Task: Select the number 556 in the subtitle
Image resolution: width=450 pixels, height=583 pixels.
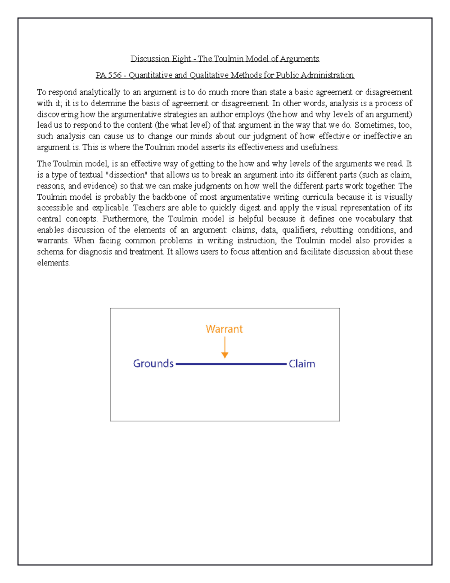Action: pyautogui.click(x=115, y=75)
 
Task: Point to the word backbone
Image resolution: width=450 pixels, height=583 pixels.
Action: pyautogui.click(x=169, y=197)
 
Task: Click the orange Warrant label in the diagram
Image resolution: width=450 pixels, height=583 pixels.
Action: pyautogui.click(x=224, y=329)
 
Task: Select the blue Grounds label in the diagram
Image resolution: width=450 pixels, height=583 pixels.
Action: pyautogui.click(x=153, y=364)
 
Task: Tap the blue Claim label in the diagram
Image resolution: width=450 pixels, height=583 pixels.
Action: pyautogui.click(x=302, y=364)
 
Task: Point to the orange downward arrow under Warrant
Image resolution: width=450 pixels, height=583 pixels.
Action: pyautogui.click(x=225, y=348)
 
